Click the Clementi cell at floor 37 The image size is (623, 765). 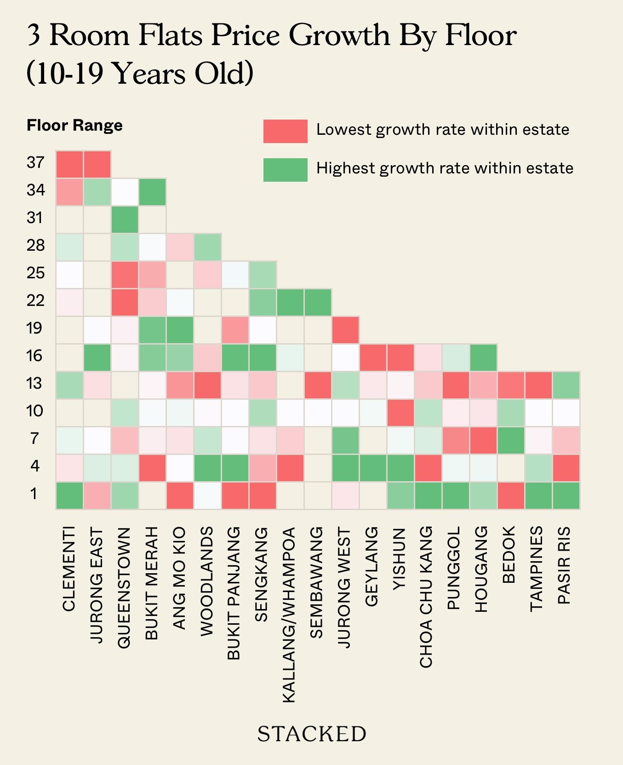(x=69, y=164)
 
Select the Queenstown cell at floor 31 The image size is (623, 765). (x=125, y=219)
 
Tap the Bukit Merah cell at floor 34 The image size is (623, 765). (x=152, y=192)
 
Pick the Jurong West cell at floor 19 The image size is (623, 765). (x=345, y=330)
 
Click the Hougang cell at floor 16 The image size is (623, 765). (x=483, y=357)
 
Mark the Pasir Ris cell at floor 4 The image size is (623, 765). (x=566, y=468)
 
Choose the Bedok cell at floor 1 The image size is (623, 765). (x=511, y=495)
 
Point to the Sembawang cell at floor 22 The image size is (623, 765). (x=318, y=302)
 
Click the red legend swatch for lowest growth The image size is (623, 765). (x=285, y=131)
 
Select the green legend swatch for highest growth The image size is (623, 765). (x=285, y=170)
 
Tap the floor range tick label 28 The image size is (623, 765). (x=35, y=245)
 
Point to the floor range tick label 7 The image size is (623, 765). (x=34, y=438)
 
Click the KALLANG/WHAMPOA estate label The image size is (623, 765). (x=289, y=615)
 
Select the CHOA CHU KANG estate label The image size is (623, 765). (x=426, y=597)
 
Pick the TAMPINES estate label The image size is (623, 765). (x=537, y=569)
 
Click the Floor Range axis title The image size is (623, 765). (x=74, y=125)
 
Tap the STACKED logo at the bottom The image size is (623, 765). (x=311, y=734)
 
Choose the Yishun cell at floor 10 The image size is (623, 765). (x=400, y=413)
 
